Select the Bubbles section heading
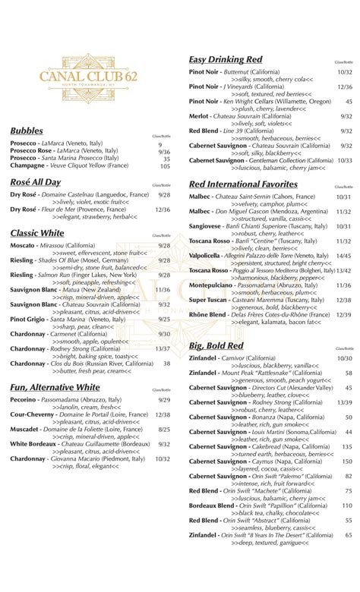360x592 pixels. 27,131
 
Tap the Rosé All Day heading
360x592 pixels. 36,182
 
